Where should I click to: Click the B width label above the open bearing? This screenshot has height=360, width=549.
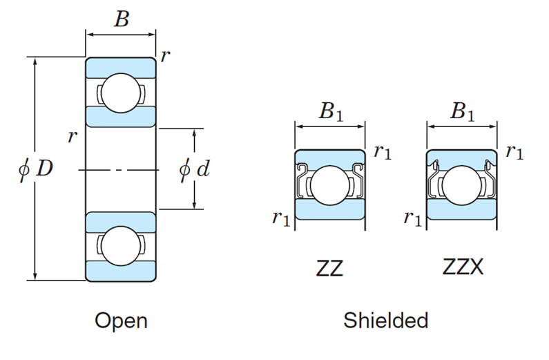click(x=122, y=19)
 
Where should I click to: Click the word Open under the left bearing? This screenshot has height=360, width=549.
click(x=121, y=321)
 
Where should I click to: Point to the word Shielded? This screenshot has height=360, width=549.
click(x=385, y=321)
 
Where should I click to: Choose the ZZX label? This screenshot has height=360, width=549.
click(x=462, y=267)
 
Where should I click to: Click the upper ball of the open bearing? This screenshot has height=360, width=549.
click(x=121, y=93)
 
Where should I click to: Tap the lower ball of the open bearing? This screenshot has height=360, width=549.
click(x=121, y=246)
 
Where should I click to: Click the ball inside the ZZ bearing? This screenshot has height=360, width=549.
click(x=329, y=185)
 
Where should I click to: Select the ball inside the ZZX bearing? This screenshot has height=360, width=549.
click(x=461, y=185)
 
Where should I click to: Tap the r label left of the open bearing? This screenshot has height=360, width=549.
click(x=71, y=136)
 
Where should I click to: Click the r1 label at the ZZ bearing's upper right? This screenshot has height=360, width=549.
click(x=382, y=152)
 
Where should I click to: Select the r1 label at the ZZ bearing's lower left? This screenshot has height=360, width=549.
click(x=280, y=219)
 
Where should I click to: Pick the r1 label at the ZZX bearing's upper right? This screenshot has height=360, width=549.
click(x=514, y=152)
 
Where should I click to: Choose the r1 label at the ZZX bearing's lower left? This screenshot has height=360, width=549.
click(x=412, y=219)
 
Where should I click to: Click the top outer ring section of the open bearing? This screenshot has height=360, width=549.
click(x=121, y=67)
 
